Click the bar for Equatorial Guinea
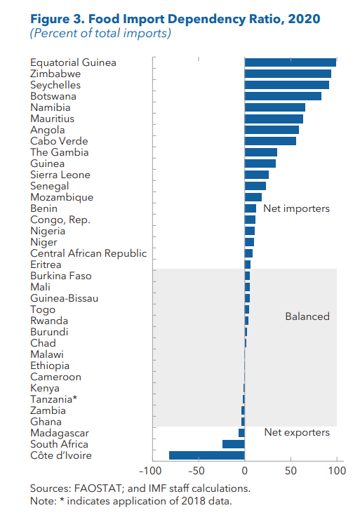[290, 62]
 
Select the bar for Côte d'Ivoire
[207, 455]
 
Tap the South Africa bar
[233, 444]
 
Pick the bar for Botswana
[283, 96]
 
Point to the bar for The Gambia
[260, 152]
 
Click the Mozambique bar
[253, 197]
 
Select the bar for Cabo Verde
[270, 141]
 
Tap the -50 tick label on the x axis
[198, 471]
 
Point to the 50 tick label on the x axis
[291, 471]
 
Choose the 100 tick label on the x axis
[337, 471]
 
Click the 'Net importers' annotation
[296, 209]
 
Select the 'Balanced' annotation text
[307, 316]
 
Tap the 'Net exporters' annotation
[296, 432]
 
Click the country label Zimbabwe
[55, 74]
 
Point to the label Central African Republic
[88, 253]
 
